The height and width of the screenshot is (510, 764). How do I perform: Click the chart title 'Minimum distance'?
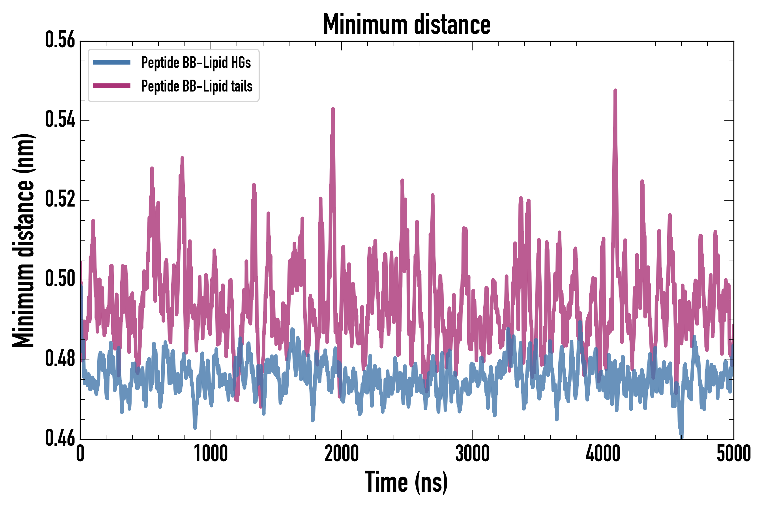click(x=407, y=24)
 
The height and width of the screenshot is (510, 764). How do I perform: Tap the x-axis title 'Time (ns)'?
click(x=406, y=482)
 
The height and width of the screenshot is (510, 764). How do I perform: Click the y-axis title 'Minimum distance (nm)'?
click(x=23, y=240)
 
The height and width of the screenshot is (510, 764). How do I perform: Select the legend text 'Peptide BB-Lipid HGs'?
click(x=196, y=62)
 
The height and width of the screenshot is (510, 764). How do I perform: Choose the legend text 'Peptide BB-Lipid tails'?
click(x=197, y=86)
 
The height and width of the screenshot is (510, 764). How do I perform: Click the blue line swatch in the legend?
click(x=111, y=62)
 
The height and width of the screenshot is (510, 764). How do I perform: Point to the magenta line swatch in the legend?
click(x=111, y=86)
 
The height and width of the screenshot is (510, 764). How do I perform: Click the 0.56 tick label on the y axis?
click(x=60, y=40)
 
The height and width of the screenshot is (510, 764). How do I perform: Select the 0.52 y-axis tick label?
click(x=60, y=199)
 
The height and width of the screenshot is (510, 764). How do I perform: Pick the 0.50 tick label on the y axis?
click(x=60, y=279)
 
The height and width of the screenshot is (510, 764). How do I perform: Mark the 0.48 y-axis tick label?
click(x=60, y=359)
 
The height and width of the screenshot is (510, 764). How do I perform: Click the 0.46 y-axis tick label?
click(x=60, y=438)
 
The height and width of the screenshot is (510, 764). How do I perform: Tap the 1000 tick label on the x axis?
click(x=211, y=454)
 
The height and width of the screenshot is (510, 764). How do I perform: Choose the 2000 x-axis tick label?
click(x=342, y=454)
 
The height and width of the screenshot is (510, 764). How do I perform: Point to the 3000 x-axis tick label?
click(x=472, y=454)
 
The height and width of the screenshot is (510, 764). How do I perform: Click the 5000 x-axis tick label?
click(x=733, y=454)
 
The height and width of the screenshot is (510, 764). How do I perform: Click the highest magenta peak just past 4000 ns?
click(x=615, y=91)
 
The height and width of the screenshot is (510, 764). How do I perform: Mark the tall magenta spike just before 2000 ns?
click(x=333, y=110)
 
